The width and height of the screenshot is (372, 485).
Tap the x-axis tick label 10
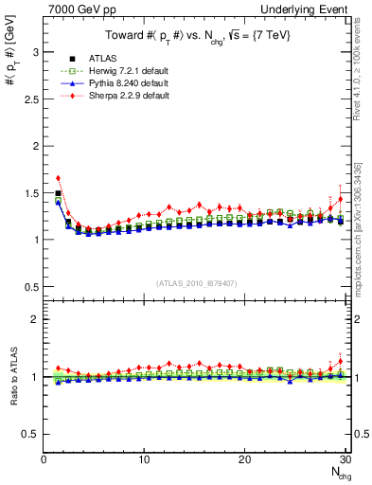[144, 459]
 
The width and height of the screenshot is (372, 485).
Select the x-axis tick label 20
[244, 459]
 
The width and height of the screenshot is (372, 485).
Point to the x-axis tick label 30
[345, 459]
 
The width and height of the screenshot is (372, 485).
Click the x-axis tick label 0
[44, 459]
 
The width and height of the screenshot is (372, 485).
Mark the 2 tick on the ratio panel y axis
[36, 319]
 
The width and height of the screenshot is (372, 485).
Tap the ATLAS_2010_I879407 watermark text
[196, 283]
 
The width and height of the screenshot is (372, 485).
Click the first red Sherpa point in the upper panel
[59, 178]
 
